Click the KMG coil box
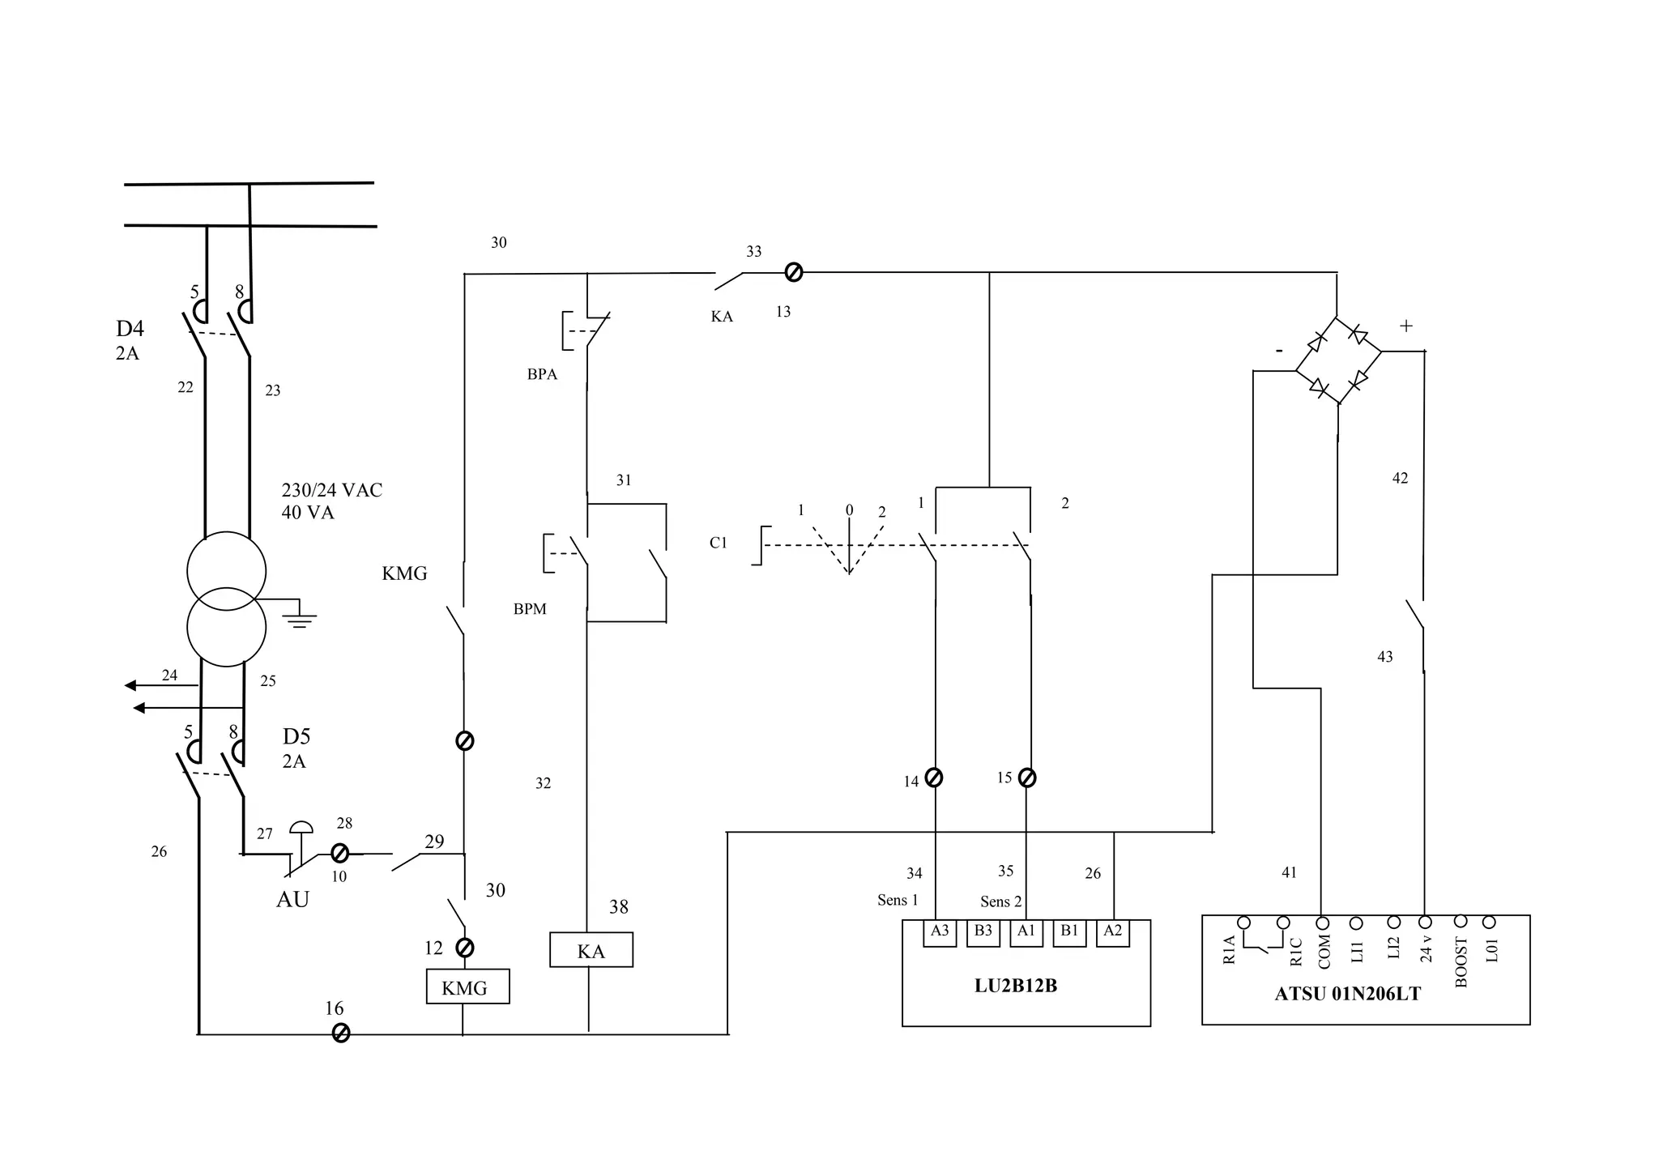click(x=467, y=987)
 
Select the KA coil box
click(x=591, y=950)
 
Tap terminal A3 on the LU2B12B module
click(x=940, y=931)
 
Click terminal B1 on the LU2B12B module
click(x=1069, y=931)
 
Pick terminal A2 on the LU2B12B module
click(x=1113, y=931)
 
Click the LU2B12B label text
click(x=1015, y=986)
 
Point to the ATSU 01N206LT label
click(x=1347, y=994)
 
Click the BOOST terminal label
click(x=1461, y=962)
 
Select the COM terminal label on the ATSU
click(x=1324, y=952)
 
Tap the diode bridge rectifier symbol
click(x=1338, y=360)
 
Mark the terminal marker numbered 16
click(x=341, y=1033)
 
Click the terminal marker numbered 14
click(x=933, y=778)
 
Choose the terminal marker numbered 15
click(x=1027, y=778)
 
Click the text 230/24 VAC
click(x=331, y=490)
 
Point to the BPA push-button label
click(x=542, y=374)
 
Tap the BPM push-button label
click(x=530, y=609)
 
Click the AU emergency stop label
click(x=292, y=899)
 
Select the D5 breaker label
click(x=296, y=736)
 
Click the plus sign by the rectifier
click(x=1406, y=326)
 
